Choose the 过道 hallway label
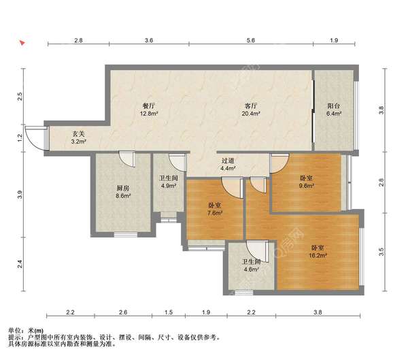pos(228,161)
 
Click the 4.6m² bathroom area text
pos(251,269)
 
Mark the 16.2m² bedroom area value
pos(318,255)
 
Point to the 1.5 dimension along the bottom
pos(169,313)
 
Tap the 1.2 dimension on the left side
pos(20,137)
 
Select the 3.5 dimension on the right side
pos(381,250)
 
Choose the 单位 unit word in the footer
pos(14,329)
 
